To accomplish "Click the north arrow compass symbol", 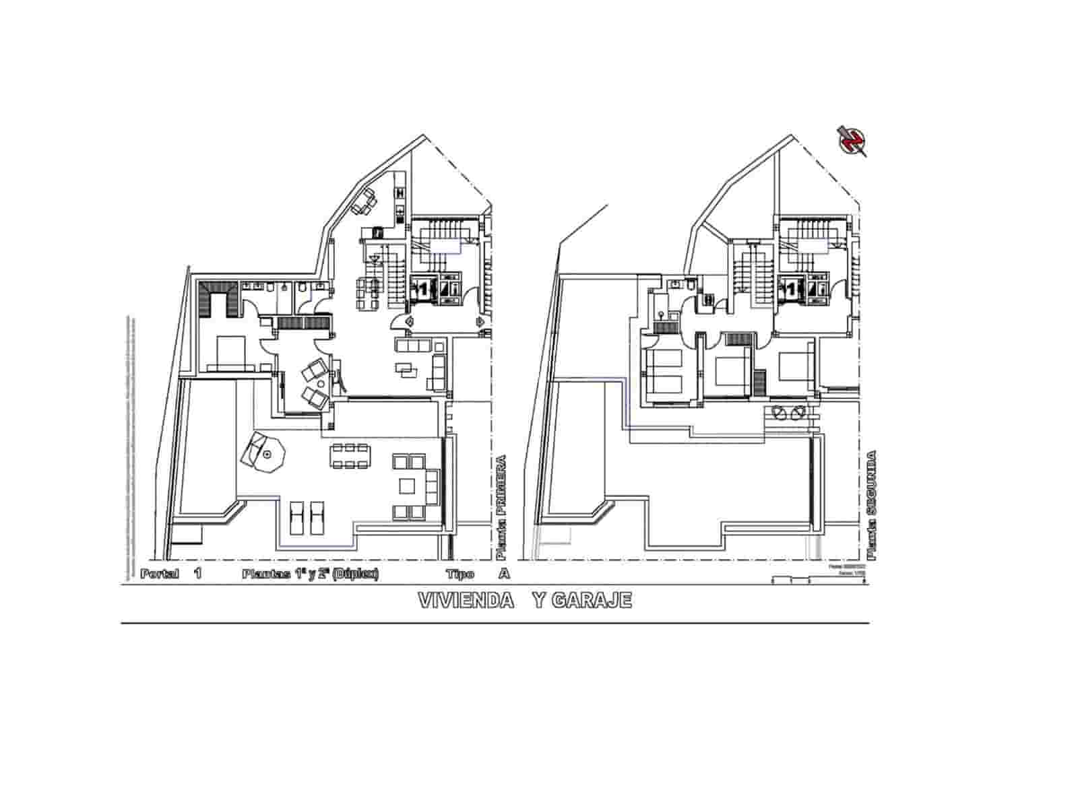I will (852, 140).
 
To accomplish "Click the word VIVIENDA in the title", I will (466, 600).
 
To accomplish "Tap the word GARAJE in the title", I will (591, 600).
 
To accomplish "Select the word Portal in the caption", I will (160, 574).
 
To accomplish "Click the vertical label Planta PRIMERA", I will (500, 508).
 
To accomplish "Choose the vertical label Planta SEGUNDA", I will (873, 505).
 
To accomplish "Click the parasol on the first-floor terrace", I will (267, 455).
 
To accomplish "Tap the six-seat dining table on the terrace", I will (350, 455).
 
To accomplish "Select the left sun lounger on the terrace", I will (296, 518).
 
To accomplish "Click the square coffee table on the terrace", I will (408, 486).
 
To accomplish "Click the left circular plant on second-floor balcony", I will (780, 411).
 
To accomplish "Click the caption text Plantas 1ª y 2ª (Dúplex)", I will (310, 574).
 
